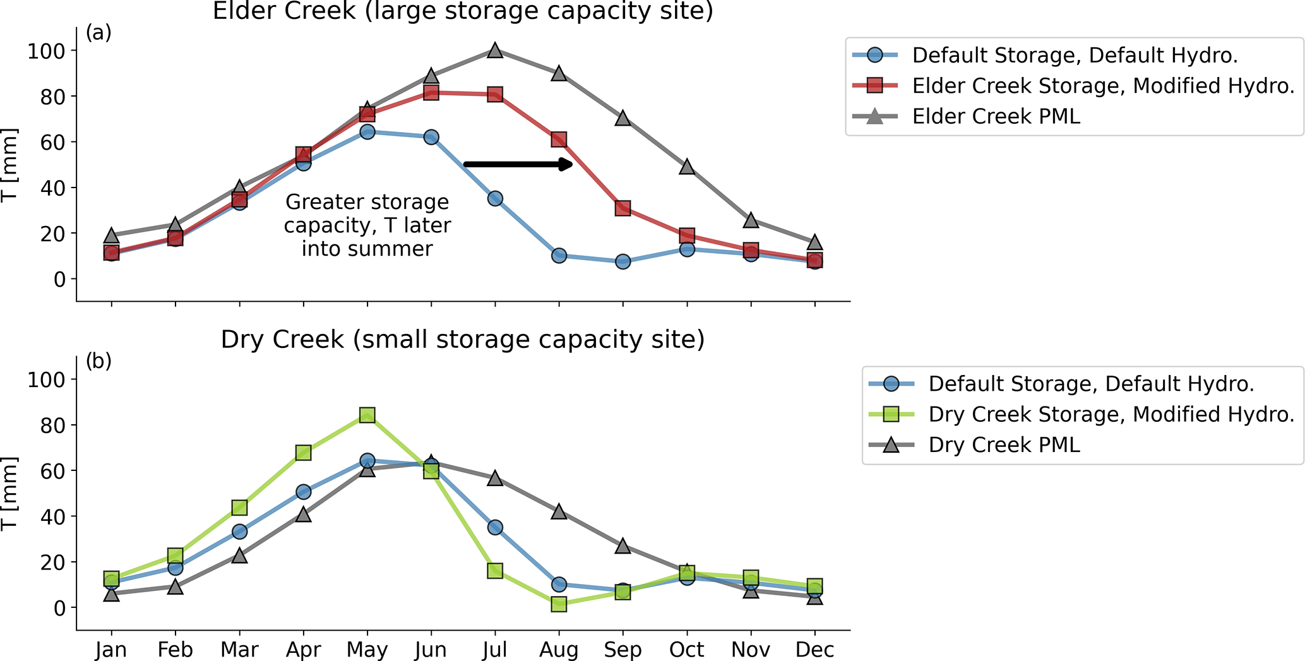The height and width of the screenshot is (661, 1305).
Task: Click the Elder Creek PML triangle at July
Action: point(495,51)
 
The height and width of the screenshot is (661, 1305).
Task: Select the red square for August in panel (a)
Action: point(559,140)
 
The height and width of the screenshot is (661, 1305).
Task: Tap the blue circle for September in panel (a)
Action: point(623,261)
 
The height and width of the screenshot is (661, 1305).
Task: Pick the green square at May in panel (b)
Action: point(367,415)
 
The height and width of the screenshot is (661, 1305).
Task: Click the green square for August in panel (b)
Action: point(559,604)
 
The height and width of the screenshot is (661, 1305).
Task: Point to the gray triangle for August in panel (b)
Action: point(559,511)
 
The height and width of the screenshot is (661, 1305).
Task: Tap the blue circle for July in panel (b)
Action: point(495,527)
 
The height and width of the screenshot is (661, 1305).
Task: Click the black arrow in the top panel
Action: point(518,164)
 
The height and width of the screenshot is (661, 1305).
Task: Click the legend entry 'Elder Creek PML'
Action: point(996,117)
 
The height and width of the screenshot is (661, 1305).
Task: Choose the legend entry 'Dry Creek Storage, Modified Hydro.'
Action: point(1111,415)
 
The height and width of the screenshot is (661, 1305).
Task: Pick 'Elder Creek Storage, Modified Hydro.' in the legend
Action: point(1103,86)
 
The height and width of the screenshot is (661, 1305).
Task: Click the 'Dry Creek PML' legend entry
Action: point(1004,445)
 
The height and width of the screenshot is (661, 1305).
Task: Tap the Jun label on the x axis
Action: point(431,650)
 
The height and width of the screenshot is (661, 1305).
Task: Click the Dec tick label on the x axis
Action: point(814,650)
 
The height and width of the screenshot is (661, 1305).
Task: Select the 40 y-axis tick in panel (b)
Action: point(53,516)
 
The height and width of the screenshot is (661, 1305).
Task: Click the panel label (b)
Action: point(98,361)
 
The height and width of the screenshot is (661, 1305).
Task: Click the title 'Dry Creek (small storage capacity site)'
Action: point(462,340)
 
